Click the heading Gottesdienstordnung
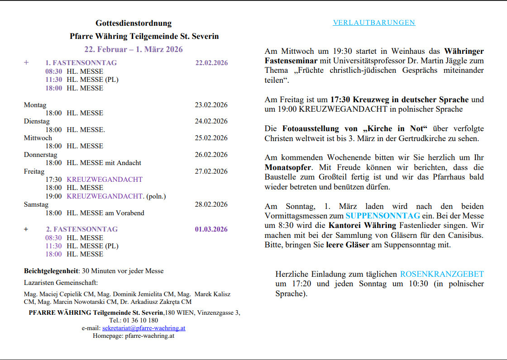(x=134, y=23)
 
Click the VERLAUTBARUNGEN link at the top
(x=374, y=23)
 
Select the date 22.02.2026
(x=211, y=63)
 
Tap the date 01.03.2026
(x=211, y=229)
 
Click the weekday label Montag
(x=35, y=105)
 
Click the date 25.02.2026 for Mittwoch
(x=211, y=138)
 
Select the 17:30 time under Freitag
(x=53, y=180)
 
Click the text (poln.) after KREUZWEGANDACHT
(x=156, y=196)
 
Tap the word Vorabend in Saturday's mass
(x=131, y=213)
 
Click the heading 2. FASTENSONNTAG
(x=81, y=229)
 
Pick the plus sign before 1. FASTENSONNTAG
(x=26, y=62)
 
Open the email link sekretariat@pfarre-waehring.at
(x=144, y=328)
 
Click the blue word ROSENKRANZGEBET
(x=442, y=274)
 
